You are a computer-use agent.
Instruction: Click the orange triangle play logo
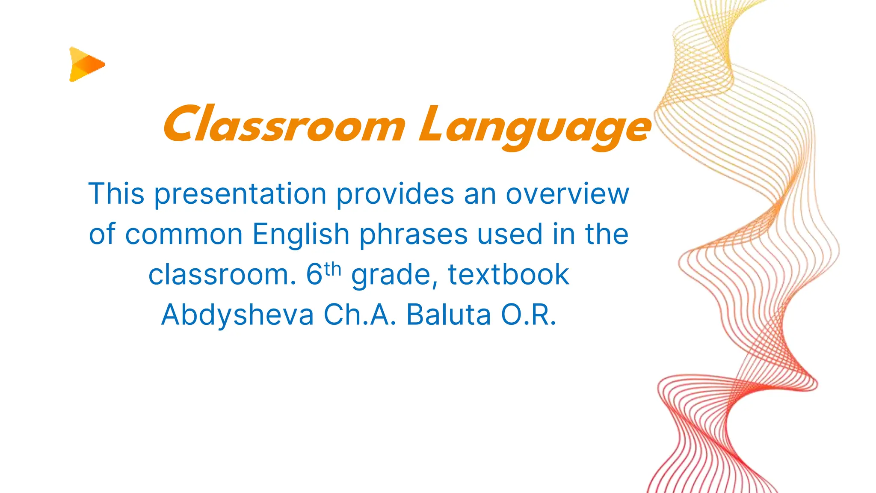tap(86, 64)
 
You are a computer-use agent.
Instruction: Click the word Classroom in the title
tap(284, 124)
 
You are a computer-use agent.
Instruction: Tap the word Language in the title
tap(535, 126)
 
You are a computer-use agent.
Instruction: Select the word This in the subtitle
tap(116, 194)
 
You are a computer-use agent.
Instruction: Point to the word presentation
tap(240, 195)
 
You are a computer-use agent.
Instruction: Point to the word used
tap(510, 235)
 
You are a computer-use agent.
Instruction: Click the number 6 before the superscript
tap(314, 275)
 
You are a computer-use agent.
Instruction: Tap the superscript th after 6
tap(332, 270)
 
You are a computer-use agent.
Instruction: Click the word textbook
tap(508, 274)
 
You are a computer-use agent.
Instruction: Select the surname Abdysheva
tap(237, 315)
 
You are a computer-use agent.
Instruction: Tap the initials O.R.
tap(529, 315)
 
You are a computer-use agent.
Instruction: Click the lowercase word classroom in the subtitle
tap(222, 275)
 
